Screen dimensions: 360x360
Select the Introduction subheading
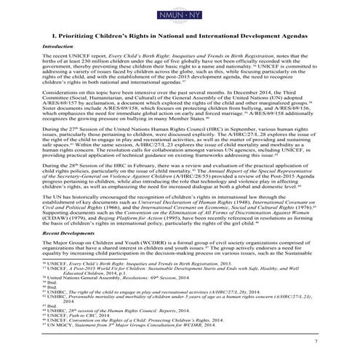[x=61, y=46]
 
